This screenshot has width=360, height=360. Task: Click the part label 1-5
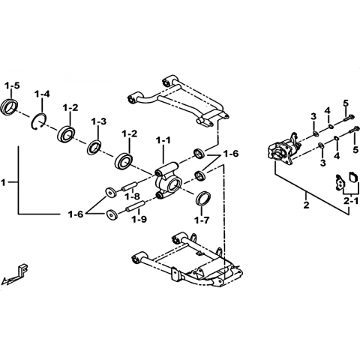pos(12,85)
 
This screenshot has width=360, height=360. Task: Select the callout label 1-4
pos(42,94)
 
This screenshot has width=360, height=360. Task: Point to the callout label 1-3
pos(99,121)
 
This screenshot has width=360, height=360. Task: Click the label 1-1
pos(163,140)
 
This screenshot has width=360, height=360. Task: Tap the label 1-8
pos(133,196)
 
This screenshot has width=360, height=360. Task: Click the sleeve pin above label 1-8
pos(129,186)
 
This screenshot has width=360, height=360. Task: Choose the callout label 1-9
pos(139,219)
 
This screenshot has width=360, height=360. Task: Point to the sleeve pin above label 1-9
pos(135,206)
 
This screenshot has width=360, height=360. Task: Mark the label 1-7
pos(202,220)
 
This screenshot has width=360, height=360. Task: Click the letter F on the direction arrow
pos(24,269)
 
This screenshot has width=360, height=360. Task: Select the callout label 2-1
pos(351,201)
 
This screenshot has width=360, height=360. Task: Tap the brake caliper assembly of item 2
pos(283,151)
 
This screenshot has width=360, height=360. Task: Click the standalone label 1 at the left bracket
pos(3,182)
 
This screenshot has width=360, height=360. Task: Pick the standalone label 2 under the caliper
pos(306,205)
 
